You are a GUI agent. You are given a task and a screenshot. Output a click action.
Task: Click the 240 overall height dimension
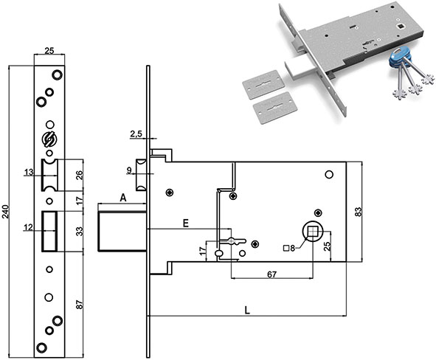tap(6, 211)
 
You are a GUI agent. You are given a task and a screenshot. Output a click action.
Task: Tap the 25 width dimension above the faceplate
tap(49, 51)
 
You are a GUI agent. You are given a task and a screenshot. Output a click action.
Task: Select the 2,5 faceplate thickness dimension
tap(136, 134)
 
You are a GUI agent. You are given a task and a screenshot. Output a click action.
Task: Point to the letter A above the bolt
tap(123, 198)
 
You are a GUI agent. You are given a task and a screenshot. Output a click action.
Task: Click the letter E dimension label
tap(186, 223)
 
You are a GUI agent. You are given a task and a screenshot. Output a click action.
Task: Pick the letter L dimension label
tap(247, 311)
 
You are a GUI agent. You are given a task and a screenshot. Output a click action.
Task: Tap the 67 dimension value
tap(271, 274)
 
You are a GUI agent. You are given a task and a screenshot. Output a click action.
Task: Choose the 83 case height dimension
tap(359, 212)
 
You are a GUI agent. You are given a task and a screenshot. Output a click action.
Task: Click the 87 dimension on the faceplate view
tap(80, 305)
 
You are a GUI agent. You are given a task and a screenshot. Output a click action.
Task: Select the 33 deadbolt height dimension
tap(80, 232)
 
